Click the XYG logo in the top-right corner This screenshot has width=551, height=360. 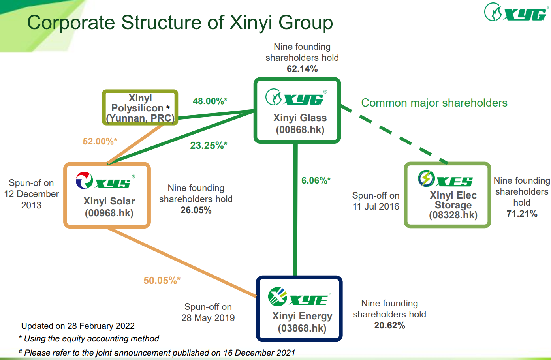pos(516,13)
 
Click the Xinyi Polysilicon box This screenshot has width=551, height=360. pos(140,108)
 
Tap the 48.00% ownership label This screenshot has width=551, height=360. pos(210,101)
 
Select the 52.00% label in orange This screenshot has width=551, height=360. pos(100,141)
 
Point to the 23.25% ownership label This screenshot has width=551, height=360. pos(209,146)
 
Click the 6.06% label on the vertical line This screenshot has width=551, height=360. pos(316,180)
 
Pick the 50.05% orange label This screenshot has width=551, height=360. pos(162,281)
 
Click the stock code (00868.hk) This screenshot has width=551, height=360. pos(300,130)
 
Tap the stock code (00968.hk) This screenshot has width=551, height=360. pos(109,213)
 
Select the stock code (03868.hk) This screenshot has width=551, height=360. pos(302,328)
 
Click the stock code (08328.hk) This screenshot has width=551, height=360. pos(453,215)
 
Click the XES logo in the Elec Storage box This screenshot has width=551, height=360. pos(445,179)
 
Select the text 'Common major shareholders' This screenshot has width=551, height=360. pos(434,103)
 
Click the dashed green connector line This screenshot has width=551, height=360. pos(395,135)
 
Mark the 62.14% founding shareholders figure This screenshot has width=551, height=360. pos(302,69)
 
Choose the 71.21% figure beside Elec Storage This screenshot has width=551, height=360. pos(522,214)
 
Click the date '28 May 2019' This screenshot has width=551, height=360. pos(208,318)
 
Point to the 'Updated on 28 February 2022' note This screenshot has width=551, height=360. pos(78,326)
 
